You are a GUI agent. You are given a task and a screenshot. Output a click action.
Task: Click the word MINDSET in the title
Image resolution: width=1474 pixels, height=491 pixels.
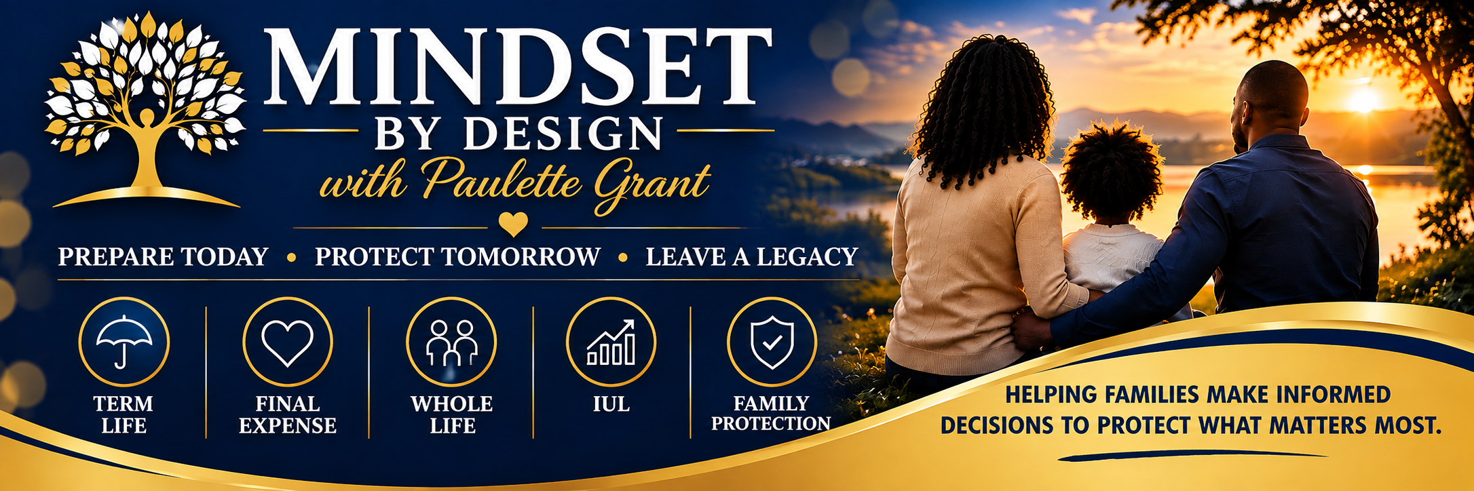point(517,66)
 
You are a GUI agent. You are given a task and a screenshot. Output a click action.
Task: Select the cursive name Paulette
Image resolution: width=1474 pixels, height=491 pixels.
point(502,179)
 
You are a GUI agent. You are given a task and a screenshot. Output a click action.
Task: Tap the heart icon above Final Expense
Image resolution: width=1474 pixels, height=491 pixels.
point(288,342)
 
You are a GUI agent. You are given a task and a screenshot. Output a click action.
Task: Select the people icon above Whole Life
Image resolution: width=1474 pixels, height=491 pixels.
point(451,342)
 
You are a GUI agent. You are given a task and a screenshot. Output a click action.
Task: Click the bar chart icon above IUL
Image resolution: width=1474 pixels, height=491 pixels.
point(611,342)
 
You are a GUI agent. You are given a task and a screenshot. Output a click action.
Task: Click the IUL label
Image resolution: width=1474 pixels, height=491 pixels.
point(611,404)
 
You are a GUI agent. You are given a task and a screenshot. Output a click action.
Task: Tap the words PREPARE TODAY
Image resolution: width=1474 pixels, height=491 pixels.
point(163,257)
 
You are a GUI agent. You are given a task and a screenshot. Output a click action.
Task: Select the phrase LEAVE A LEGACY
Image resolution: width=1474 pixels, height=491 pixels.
point(752,257)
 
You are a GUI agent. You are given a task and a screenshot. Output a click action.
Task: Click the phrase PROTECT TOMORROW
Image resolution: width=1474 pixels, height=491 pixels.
point(457,257)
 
